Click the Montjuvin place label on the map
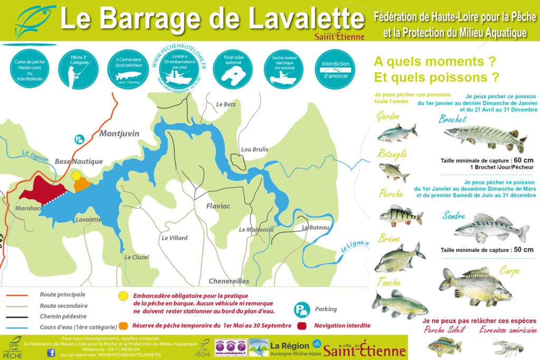[x=120, y=134]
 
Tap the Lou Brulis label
[x=255, y=150]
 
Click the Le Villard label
[x=174, y=238]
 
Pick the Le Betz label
[x=226, y=104]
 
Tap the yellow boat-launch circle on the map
[x=76, y=176]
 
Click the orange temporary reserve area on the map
[x=82, y=184]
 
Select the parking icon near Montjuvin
[x=79, y=139]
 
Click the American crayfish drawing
[x=509, y=346]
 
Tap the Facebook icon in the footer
[x=51, y=353]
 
